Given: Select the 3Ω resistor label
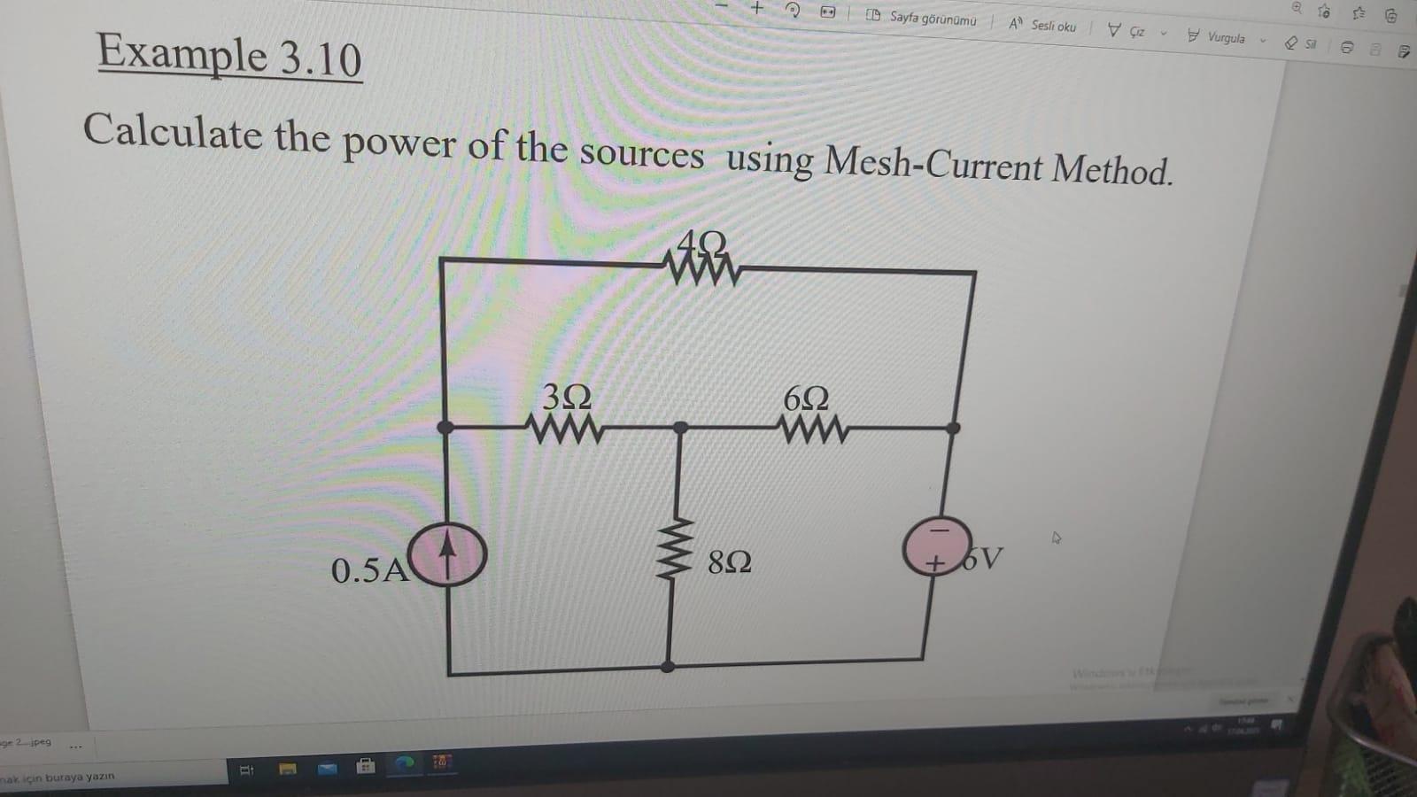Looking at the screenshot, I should point(567,397).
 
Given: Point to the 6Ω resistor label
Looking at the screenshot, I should point(806,398).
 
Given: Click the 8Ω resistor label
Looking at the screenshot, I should point(730,561).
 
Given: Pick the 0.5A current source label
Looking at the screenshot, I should point(369,570).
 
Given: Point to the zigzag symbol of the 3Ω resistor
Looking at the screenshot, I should point(565,429).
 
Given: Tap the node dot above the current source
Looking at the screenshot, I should point(445,428).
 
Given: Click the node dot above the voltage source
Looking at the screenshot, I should point(953,429).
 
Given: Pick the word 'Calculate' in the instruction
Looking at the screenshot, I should point(172,132).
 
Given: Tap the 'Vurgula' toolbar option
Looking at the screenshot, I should point(1226,37).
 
